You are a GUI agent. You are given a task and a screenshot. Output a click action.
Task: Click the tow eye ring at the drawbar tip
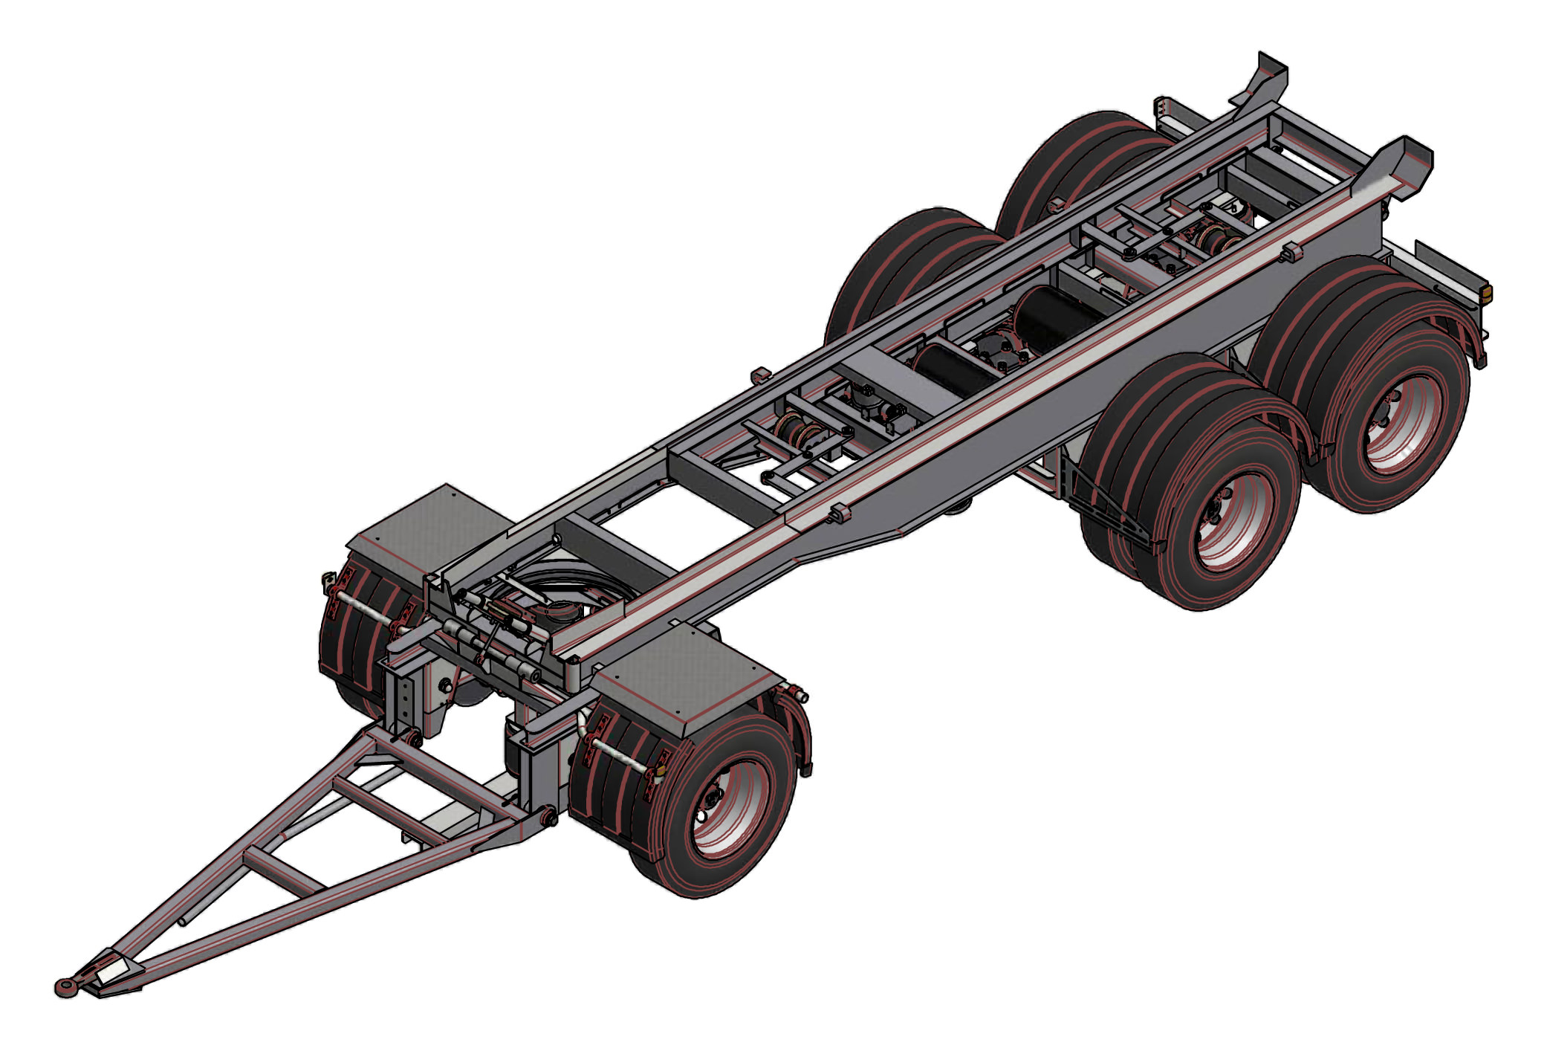tap(68, 986)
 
